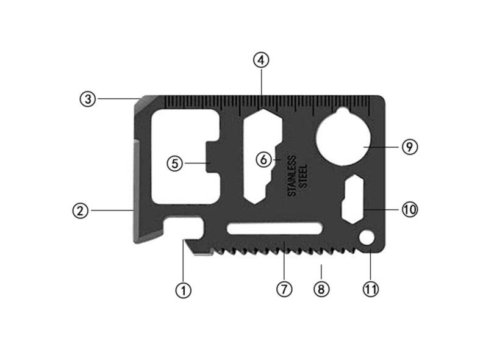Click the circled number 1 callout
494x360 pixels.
pyautogui.click(x=183, y=290)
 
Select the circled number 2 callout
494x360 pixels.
pyautogui.click(x=81, y=211)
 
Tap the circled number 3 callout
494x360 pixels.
pyautogui.click(x=88, y=99)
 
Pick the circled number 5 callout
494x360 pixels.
pyautogui.click(x=174, y=163)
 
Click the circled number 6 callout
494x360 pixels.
pyautogui.click(x=263, y=160)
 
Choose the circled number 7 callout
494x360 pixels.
pyautogui.click(x=284, y=289)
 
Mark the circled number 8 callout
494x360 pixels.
pyautogui.click(x=321, y=289)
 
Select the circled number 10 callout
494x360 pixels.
pyautogui.click(x=409, y=210)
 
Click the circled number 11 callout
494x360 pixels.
pyautogui.click(x=371, y=289)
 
